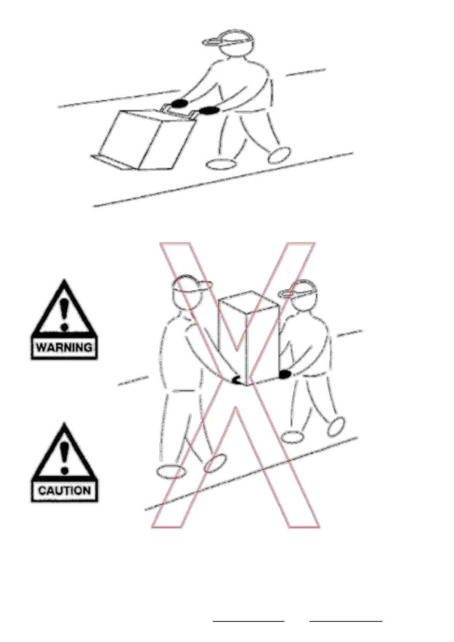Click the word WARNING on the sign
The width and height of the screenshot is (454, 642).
pos(64,347)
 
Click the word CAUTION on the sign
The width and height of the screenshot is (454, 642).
pos(64,490)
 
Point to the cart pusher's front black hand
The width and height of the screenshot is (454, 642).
pos(210,110)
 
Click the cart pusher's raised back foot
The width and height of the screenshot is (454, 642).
pos(279,155)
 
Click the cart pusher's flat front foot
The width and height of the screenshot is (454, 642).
pos(222,164)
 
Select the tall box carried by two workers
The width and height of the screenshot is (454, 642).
pos(248,338)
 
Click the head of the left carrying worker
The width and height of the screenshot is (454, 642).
pos(188,292)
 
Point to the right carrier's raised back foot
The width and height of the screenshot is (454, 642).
pos(336,427)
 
